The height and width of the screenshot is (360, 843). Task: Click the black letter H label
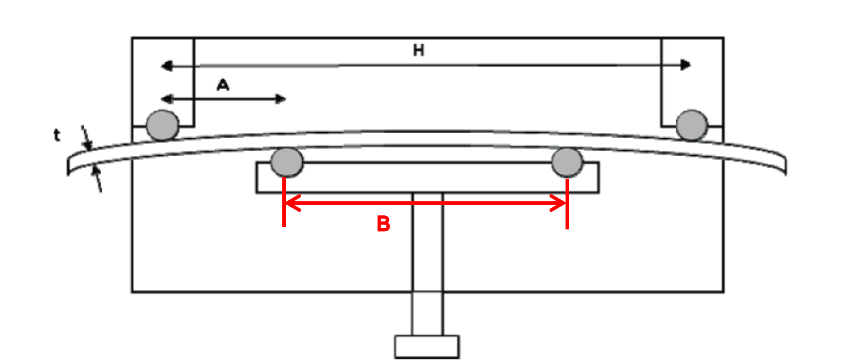419,50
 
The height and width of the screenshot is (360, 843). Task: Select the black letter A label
223,85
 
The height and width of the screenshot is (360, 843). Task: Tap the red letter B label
383,224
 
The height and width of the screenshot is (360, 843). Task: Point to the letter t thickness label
56,135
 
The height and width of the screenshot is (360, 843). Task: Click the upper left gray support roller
163,125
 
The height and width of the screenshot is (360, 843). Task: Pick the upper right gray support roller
692,125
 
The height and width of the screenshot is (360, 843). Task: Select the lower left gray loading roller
287,162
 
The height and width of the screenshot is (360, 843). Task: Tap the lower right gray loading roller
567,162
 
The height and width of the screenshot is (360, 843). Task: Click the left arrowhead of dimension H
166,66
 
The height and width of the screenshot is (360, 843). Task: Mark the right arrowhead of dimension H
686,65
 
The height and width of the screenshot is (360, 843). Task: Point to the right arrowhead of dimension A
281,99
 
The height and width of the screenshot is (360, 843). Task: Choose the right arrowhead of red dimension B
558,203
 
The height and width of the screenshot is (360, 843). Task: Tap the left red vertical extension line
284,202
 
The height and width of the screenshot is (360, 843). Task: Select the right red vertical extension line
567,203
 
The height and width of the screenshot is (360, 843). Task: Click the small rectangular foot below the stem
427,347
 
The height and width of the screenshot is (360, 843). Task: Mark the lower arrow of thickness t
97,178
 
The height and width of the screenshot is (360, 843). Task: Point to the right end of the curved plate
785,165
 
